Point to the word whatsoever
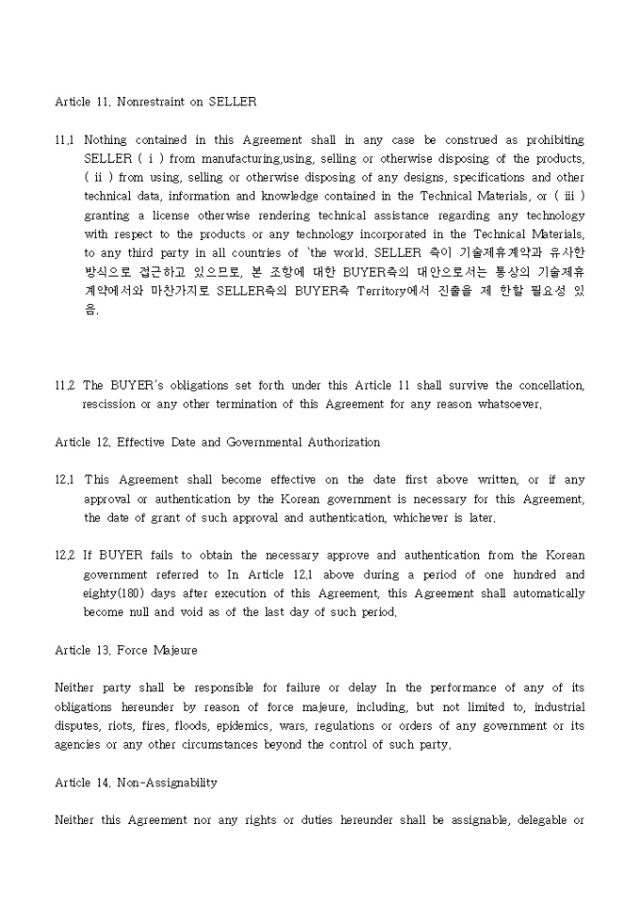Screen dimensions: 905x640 click(x=507, y=405)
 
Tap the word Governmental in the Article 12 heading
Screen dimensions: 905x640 click(x=282, y=442)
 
